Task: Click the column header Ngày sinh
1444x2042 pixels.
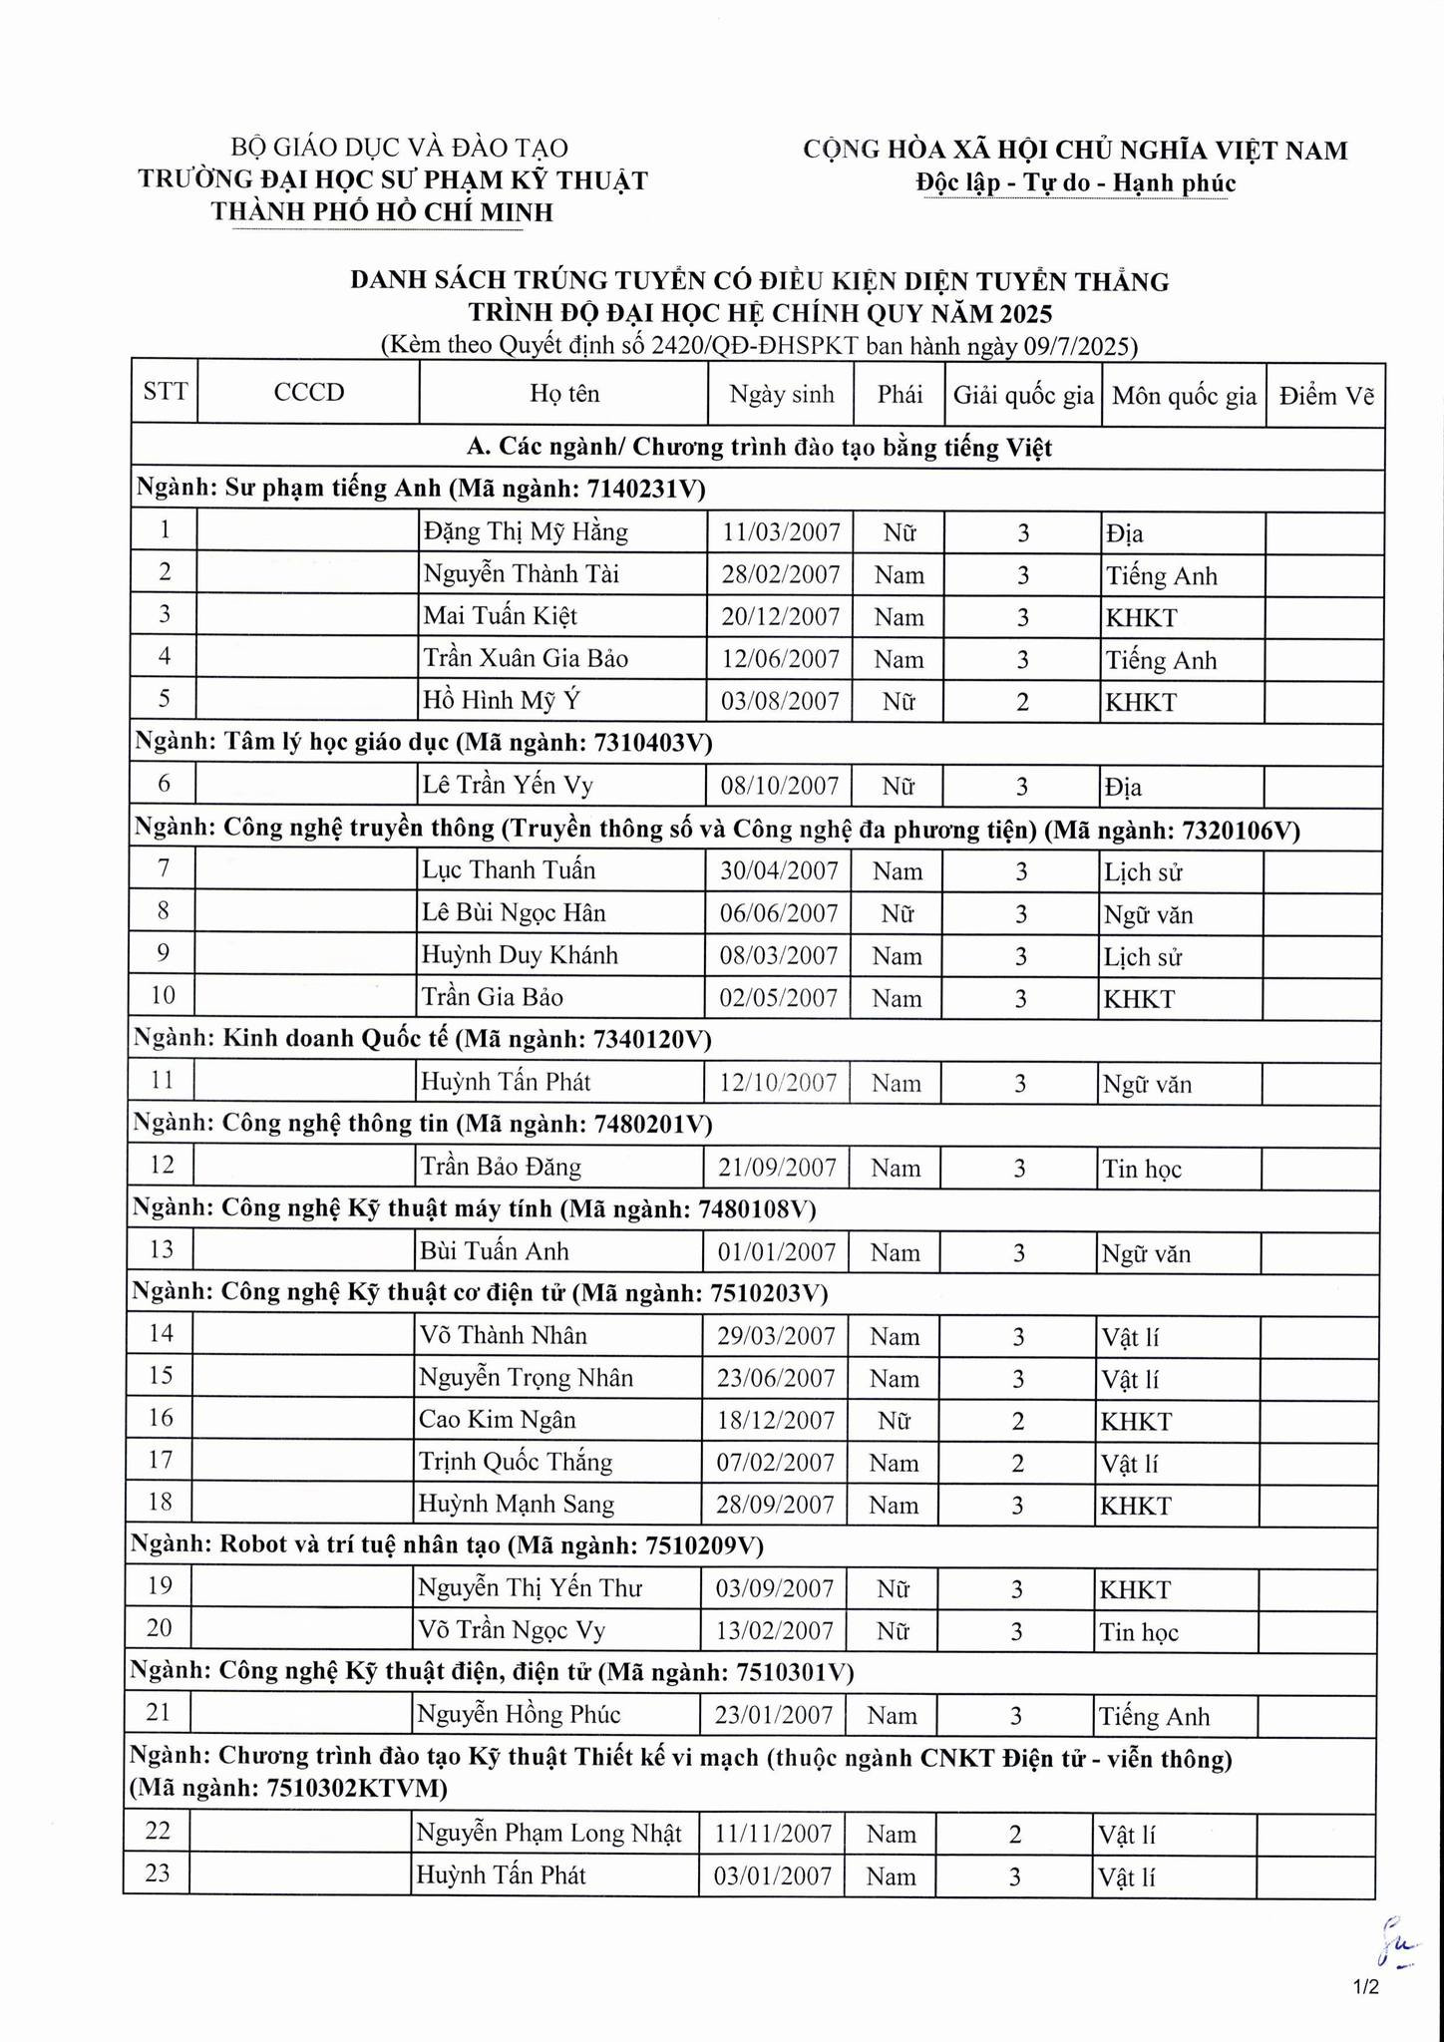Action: [781, 394]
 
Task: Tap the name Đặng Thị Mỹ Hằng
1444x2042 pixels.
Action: [526, 532]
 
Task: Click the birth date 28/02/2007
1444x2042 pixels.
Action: [780, 575]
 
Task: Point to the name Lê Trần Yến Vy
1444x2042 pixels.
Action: [508, 786]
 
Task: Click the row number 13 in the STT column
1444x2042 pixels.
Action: [161, 1249]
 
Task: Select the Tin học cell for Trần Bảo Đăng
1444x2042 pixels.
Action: [1141, 1169]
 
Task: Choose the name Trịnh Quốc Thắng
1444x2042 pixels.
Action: [516, 1463]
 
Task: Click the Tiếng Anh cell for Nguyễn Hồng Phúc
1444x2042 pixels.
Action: [1154, 1716]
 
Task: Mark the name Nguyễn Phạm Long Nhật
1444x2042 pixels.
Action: [549, 1833]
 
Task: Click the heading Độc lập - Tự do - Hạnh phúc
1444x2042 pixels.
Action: [1075, 183]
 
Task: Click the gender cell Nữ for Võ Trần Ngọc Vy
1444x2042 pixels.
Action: [893, 1631]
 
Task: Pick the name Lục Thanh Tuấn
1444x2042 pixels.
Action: [509, 870]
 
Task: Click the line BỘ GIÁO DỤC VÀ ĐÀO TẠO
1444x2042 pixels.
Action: [399, 149]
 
